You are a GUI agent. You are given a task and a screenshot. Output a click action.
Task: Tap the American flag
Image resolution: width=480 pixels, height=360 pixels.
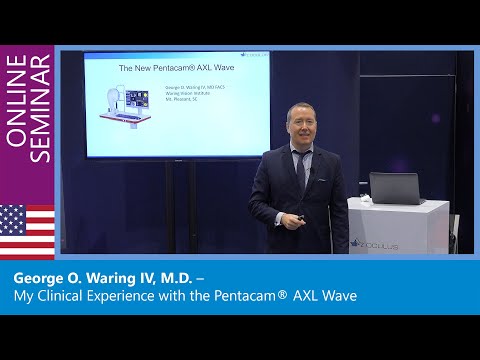(x=27, y=230)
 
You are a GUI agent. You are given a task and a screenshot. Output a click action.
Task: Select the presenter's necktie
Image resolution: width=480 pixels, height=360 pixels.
(x=299, y=169)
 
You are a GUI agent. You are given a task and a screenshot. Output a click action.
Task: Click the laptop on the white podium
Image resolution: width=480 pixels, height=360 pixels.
(x=393, y=188)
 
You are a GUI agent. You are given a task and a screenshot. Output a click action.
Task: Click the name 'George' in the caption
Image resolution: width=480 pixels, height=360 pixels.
(x=41, y=277)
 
